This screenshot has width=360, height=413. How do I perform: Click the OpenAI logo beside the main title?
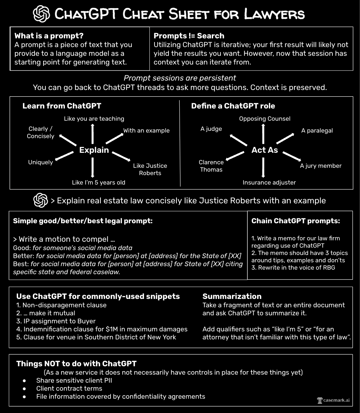[42, 14]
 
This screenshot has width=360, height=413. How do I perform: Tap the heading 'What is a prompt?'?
[49, 36]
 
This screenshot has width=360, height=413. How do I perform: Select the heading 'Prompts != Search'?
[189, 36]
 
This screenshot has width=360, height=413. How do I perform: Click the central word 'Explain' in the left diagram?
[94, 150]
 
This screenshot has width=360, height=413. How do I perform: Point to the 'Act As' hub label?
[265, 150]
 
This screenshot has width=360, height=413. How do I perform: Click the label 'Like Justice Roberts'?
[150, 169]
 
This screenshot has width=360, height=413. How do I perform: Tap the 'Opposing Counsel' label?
[264, 119]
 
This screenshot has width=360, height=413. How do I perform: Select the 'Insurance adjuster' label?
[269, 182]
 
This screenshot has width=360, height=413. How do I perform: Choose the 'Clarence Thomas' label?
[211, 166]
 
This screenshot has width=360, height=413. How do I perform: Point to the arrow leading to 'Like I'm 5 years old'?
[92, 167]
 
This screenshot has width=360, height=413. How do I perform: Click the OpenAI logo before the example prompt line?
[40, 201]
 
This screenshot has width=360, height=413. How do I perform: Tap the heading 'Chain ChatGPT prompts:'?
[295, 221]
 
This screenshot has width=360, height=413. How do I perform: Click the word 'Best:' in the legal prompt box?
[20, 264]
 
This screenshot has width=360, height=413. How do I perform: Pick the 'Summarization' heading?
[232, 296]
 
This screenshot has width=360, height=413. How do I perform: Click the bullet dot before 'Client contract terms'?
[24, 388]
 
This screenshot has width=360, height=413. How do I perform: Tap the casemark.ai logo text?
[333, 400]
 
